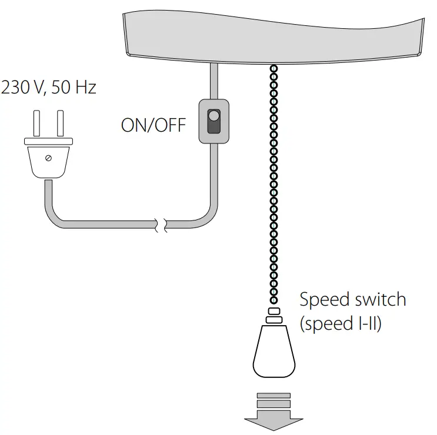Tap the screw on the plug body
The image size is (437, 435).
click(x=48, y=158)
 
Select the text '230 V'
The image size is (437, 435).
click(x=22, y=88)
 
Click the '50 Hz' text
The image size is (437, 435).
click(x=74, y=88)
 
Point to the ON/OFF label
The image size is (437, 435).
click(x=153, y=125)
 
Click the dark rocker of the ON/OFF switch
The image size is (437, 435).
click(x=214, y=121)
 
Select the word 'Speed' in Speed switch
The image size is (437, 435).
click(x=323, y=300)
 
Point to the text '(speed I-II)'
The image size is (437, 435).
click(x=341, y=324)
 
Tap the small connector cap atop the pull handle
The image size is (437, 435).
click(x=273, y=312)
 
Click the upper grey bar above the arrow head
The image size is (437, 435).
click(x=273, y=396)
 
